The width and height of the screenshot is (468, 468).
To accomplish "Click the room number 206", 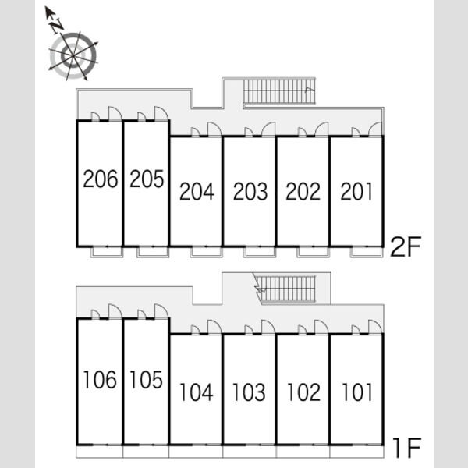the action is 101,179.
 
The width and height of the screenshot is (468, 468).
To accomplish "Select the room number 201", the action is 356,191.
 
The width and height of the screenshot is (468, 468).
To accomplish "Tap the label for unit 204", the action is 197,191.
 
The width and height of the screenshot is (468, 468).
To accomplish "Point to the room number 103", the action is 249,392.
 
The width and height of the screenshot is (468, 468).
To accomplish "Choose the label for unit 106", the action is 100,380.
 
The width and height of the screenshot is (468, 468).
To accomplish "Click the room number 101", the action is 357,392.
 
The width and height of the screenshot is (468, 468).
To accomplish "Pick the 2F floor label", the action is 406,246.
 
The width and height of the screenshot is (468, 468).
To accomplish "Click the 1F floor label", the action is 406,448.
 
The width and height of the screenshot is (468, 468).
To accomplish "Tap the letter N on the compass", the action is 57,27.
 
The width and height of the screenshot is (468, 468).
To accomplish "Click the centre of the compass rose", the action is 73,56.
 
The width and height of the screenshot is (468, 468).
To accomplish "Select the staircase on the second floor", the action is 279,91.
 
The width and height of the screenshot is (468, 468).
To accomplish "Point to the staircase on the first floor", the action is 285,289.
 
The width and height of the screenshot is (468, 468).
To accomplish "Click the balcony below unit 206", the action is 107,252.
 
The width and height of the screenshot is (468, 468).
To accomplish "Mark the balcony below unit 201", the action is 367,252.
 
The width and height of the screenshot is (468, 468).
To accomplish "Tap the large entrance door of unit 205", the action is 161,113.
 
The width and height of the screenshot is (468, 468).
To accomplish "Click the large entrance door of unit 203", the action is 268,129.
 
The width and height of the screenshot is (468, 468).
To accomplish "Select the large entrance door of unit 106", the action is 115,311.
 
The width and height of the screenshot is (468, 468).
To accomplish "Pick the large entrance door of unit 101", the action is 375,327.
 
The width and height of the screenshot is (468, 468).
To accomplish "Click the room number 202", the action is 303,191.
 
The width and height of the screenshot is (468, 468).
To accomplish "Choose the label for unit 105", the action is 147,380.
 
